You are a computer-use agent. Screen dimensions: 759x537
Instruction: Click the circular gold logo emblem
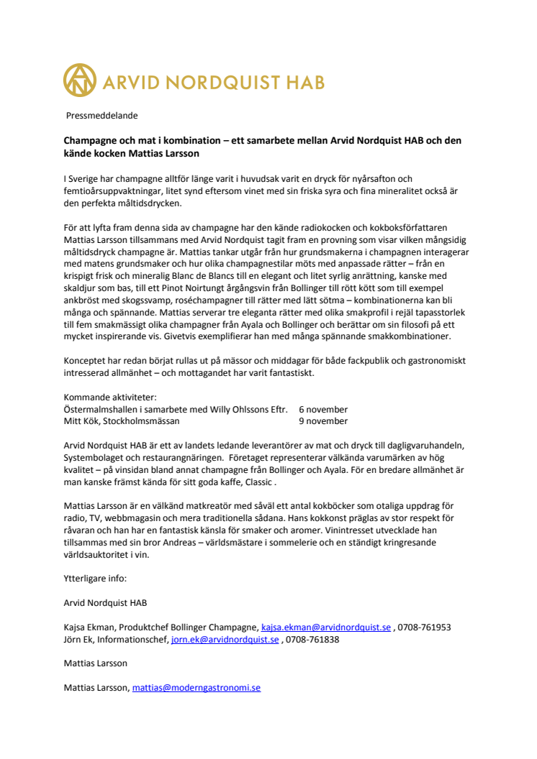80,80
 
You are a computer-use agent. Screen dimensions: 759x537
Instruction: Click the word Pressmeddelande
101,115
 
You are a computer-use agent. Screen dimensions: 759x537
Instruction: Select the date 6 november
323,409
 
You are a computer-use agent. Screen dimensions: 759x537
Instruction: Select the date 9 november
323,421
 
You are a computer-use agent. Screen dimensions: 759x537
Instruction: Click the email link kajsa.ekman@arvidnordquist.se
326,627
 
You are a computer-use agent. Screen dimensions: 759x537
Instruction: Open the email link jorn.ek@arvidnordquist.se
225,639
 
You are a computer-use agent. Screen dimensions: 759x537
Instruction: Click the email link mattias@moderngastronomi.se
196,687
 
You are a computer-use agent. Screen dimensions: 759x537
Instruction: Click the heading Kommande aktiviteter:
110,397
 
